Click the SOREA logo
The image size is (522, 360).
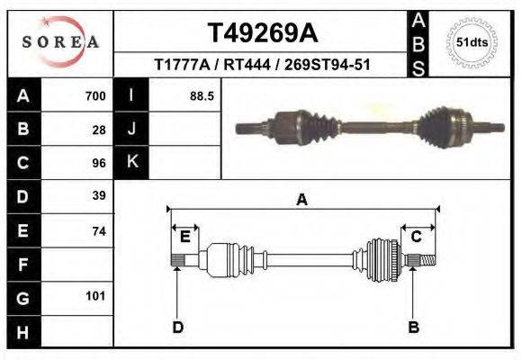(59, 41)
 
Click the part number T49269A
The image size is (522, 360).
(262, 33)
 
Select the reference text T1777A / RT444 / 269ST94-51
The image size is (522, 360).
(262, 65)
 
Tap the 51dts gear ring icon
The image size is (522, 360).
(472, 41)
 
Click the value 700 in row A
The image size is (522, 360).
(94, 95)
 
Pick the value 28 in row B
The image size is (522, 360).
(99, 129)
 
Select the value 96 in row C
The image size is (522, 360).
(99, 163)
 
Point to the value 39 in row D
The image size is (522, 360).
(99, 195)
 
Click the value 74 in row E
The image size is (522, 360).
(99, 230)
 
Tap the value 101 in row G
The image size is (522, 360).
(95, 296)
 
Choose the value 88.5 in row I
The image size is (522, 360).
(201, 95)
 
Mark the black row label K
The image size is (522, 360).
(131, 162)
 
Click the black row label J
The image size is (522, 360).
(131, 129)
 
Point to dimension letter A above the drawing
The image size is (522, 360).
(301, 200)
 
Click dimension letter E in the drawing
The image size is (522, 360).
(184, 237)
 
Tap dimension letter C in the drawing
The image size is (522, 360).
(417, 237)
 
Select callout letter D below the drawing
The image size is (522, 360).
(177, 327)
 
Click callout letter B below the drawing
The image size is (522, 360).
(413, 327)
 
